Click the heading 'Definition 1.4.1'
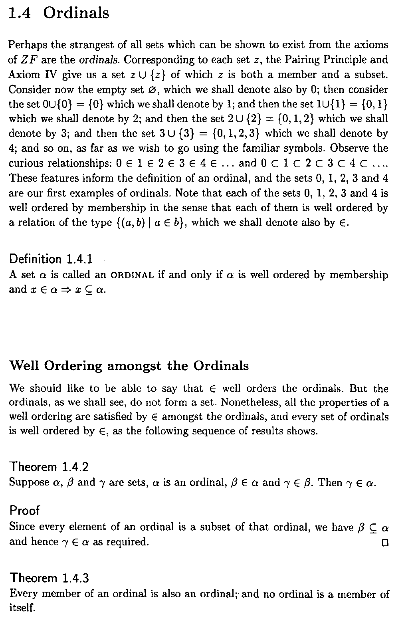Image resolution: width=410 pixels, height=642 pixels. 51,259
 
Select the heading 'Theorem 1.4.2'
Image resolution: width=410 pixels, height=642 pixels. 49,466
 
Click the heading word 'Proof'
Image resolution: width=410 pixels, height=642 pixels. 25,510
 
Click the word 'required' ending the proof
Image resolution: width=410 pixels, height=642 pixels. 127,542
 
